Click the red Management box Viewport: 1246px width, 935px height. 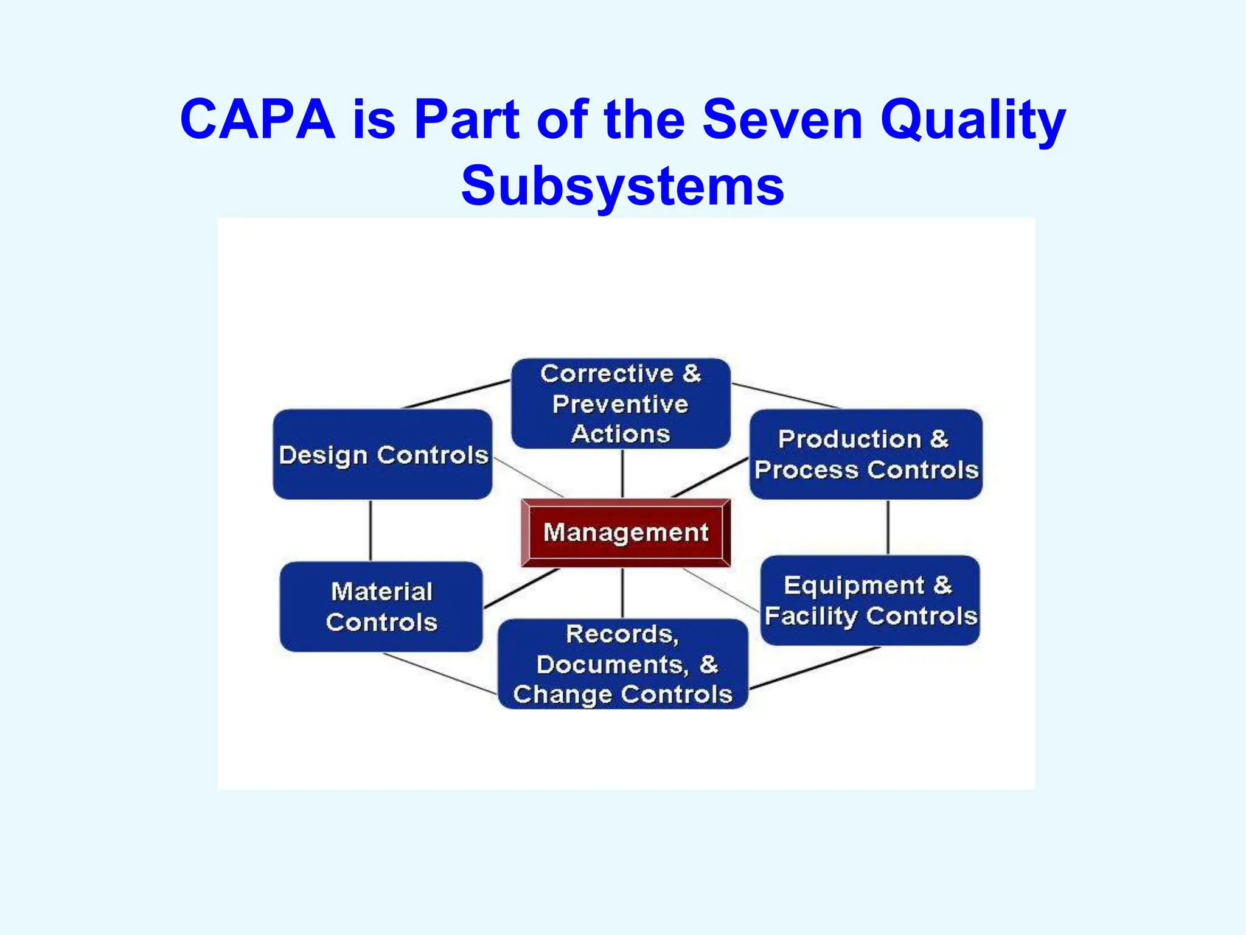pos(625,533)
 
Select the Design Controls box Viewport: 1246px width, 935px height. pos(383,455)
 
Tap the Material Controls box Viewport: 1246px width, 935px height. pos(381,606)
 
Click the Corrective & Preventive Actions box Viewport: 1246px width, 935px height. pos(621,404)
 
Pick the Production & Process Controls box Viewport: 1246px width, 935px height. pos(866,455)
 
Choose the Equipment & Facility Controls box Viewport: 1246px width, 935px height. pos(870,600)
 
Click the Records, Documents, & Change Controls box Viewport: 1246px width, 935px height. pos(622,664)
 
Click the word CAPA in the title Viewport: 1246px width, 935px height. pos(257,119)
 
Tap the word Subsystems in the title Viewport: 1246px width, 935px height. pos(622,186)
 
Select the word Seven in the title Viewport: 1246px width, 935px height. pos(782,119)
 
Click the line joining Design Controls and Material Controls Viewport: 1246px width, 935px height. pos(371,530)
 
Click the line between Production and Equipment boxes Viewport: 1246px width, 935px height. pos(888,527)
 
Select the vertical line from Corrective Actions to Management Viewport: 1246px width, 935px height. pos(622,474)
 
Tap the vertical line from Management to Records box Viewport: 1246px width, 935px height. pos(622,593)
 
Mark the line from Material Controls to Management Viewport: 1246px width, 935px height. pos(521,589)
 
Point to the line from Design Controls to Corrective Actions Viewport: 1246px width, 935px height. pos(456,394)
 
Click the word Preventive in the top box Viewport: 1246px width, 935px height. pos(621,404)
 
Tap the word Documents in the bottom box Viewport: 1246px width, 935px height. pos(612,665)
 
